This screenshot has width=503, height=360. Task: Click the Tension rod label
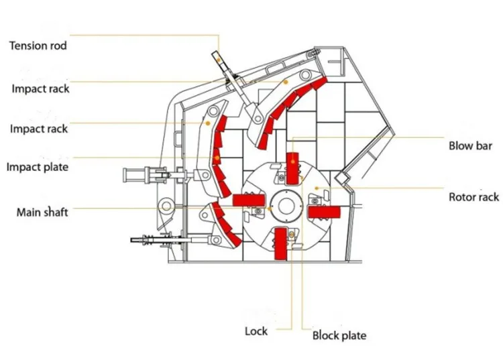pyautogui.click(x=38, y=46)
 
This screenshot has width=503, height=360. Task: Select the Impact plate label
pyautogui.click(x=38, y=167)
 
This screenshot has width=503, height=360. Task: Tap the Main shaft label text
pyautogui.click(x=42, y=213)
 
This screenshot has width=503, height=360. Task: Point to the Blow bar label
pyautogui.click(x=471, y=145)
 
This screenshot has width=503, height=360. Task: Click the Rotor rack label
pyautogui.click(x=473, y=197)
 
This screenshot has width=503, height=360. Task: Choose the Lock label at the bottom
pyautogui.click(x=256, y=331)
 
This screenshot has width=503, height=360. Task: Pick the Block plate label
pyautogui.click(x=339, y=335)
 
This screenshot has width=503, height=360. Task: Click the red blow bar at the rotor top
pyautogui.click(x=292, y=168)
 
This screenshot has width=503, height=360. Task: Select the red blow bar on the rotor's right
pyautogui.click(x=324, y=212)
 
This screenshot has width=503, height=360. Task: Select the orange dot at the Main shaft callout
pyautogui.click(x=269, y=208)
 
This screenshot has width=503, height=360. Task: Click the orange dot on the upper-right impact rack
pyautogui.click(x=286, y=81)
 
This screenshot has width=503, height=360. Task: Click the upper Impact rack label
pyautogui.click(x=40, y=88)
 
